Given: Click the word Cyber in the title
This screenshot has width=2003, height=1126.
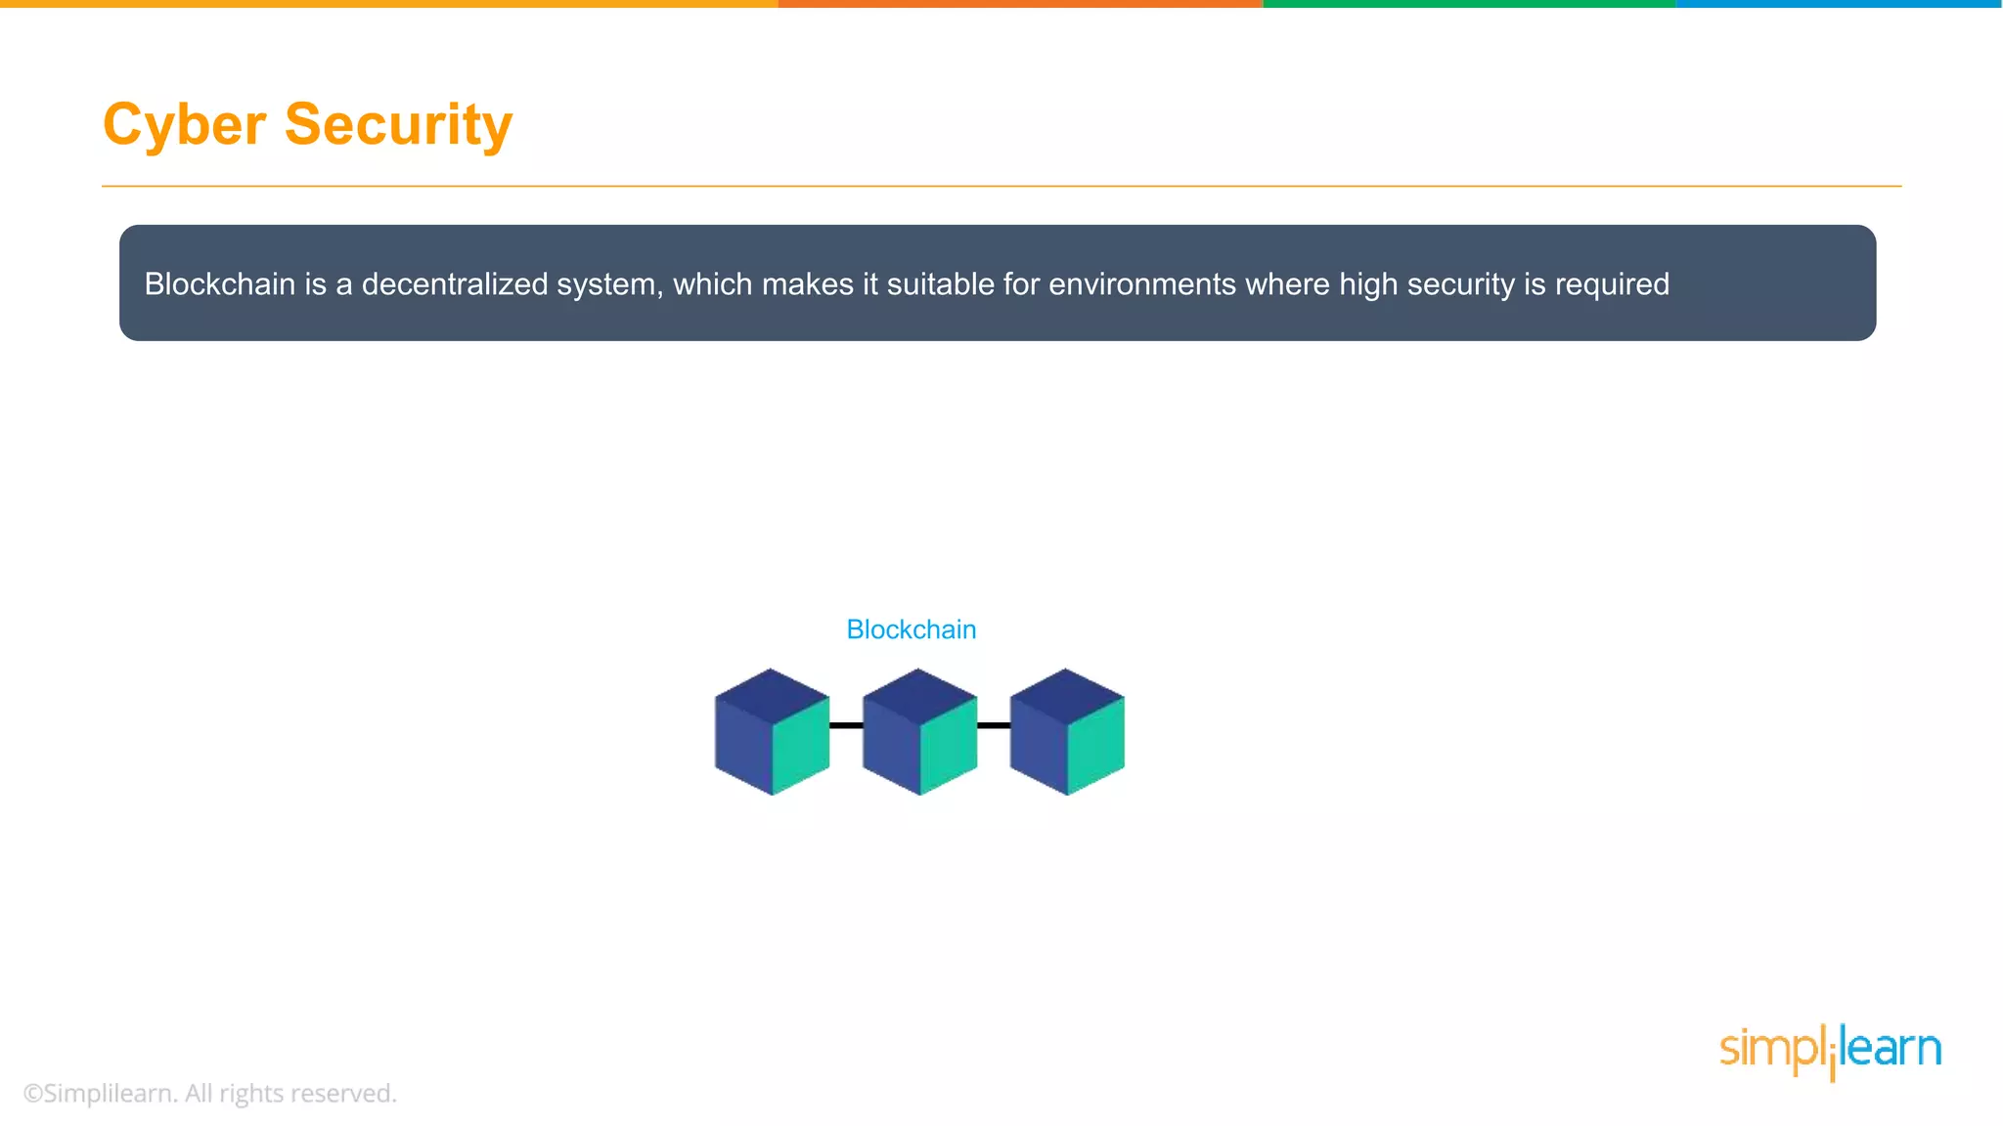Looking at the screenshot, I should pyautogui.click(x=184, y=125).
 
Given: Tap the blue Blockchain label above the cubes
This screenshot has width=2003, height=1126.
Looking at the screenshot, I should pyautogui.click(x=911, y=629).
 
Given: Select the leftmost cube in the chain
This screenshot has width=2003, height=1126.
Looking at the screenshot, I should pyautogui.click(x=772, y=732).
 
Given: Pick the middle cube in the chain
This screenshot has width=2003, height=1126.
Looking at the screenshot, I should pyautogui.click(x=919, y=732).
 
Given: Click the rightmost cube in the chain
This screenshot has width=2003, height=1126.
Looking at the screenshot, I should pyautogui.click(x=1066, y=732).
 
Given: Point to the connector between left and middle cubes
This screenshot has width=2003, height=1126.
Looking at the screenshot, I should pyautogui.click(x=846, y=725).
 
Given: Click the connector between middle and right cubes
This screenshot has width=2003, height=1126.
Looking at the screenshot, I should pyautogui.click(x=994, y=725).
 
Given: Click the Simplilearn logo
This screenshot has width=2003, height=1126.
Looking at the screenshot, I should pyautogui.click(x=1830, y=1050).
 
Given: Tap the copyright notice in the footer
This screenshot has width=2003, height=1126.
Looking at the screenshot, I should pyautogui.click(x=209, y=1093).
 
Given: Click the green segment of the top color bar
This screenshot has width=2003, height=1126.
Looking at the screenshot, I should pyautogui.click(x=1469, y=4).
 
